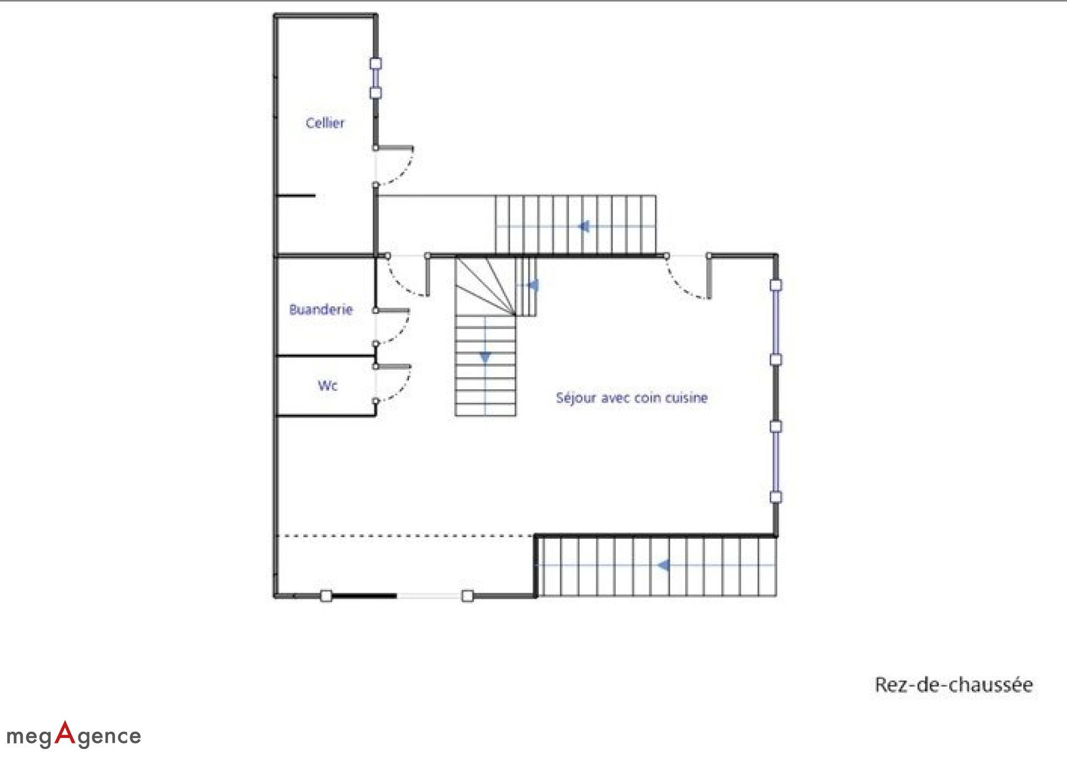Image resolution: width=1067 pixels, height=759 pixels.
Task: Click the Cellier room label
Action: pos(325,123)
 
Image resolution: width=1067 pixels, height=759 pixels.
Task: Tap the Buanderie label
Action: pos(321,310)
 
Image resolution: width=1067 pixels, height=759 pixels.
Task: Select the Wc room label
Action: pos(328,385)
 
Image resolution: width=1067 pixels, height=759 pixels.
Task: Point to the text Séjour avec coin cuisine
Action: pos(632,398)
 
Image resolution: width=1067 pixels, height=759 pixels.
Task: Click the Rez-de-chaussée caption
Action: pos(954,684)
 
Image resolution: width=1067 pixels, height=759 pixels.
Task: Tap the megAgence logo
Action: pos(74,735)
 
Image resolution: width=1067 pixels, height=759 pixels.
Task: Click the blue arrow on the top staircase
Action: pos(584,226)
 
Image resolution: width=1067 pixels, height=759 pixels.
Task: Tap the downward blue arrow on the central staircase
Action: pos(485,357)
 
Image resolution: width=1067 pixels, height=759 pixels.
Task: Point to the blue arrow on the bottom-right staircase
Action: pos(663,565)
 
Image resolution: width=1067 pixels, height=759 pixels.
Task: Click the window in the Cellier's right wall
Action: pos(376,78)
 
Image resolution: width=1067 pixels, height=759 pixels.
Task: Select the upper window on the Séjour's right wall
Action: pos(776,323)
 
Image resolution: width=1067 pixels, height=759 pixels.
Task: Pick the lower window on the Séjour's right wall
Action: pos(776,462)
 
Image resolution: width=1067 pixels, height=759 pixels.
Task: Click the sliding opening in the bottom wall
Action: pos(397,596)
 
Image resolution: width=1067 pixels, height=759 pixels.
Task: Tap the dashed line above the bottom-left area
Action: pos(405,536)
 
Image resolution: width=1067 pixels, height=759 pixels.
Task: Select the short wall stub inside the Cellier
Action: pos(296,195)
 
